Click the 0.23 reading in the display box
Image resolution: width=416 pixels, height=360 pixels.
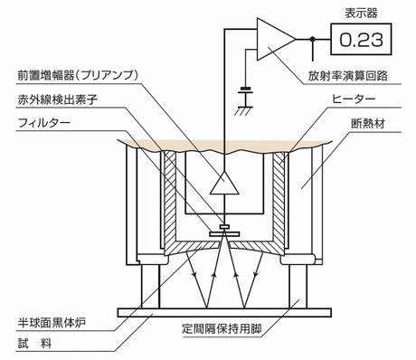[361, 40]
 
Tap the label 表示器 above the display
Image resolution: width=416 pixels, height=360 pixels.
[361, 14]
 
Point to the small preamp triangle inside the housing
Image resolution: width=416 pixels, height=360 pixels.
[224, 183]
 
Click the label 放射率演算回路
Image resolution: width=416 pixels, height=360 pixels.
[347, 76]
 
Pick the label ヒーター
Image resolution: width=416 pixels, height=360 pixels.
[354, 99]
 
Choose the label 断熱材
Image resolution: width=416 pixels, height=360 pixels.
[368, 124]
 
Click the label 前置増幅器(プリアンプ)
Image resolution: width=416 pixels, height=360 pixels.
[78, 75]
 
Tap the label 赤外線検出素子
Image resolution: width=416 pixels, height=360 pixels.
[57, 99]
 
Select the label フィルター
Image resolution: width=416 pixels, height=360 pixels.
[44, 123]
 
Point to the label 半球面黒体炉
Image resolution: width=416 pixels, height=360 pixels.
[52, 323]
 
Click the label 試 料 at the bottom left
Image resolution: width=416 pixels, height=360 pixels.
[34, 343]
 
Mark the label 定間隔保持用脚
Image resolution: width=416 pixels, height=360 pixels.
[222, 328]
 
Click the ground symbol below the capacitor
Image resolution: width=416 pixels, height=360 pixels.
[245, 110]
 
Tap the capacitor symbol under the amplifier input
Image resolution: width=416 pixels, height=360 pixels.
[245, 91]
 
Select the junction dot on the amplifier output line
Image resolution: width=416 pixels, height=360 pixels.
[313, 39]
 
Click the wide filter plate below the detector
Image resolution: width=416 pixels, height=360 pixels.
[224, 234]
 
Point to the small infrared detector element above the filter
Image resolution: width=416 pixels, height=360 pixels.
[224, 226]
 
